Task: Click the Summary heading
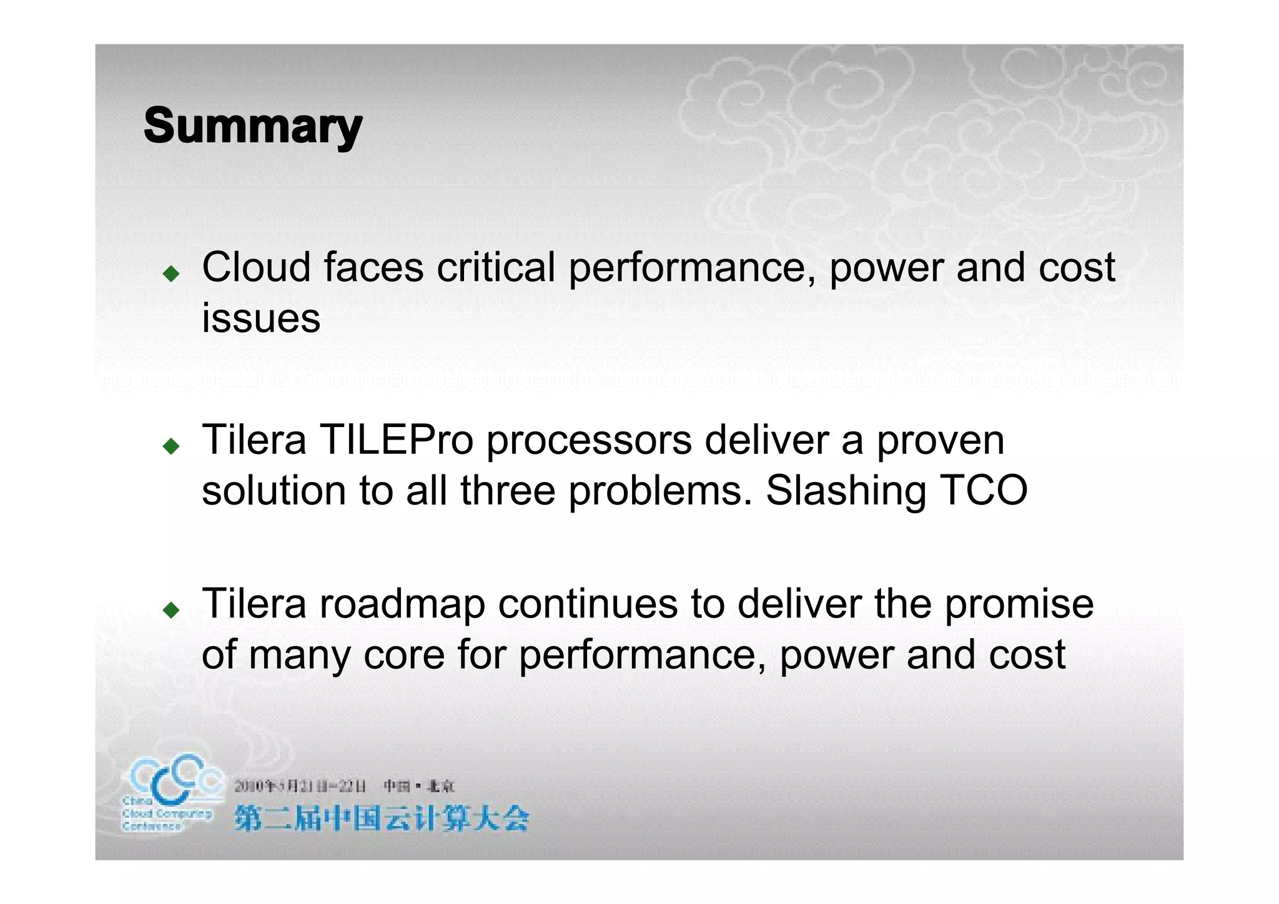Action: pos(253,126)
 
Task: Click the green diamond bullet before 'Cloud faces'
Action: pos(170,273)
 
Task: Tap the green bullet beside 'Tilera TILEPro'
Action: pos(170,445)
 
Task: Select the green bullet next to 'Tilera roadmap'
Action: pos(170,609)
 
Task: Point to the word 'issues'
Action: pos(261,318)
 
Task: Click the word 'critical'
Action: pos(495,267)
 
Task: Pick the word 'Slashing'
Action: pos(846,491)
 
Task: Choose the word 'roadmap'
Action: pos(403,604)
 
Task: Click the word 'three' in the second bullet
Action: pos(508,490)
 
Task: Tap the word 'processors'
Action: pos(589,441)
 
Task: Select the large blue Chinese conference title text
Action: pos(382,818)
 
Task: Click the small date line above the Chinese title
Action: pos(344,786)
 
